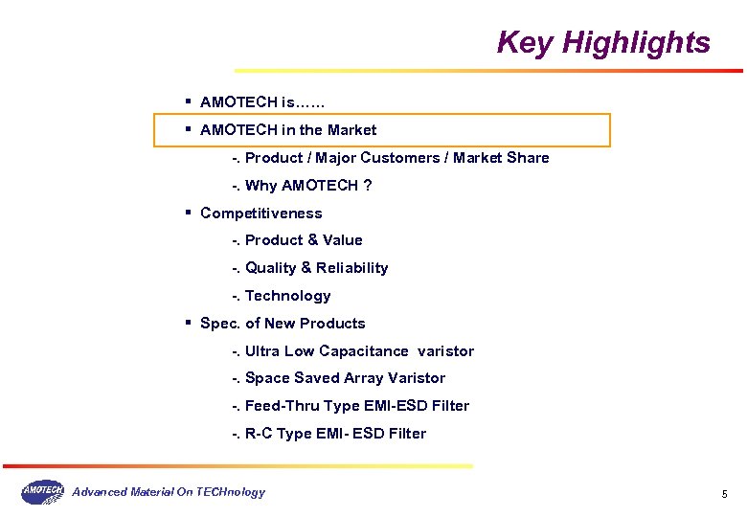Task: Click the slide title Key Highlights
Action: tap(603, 43)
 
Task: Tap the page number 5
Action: tap(724, 494)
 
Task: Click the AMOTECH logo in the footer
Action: tap(42, 492)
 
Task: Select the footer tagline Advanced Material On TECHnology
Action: tap(170, 492)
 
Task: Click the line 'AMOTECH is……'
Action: tap(262, 101)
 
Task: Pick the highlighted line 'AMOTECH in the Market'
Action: tap(288, 130)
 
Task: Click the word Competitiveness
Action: tap(260, 214)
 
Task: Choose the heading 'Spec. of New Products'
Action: tap(283, 324)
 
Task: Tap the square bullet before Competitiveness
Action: tap(189, 213)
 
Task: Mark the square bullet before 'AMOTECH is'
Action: tap(189, 101)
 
